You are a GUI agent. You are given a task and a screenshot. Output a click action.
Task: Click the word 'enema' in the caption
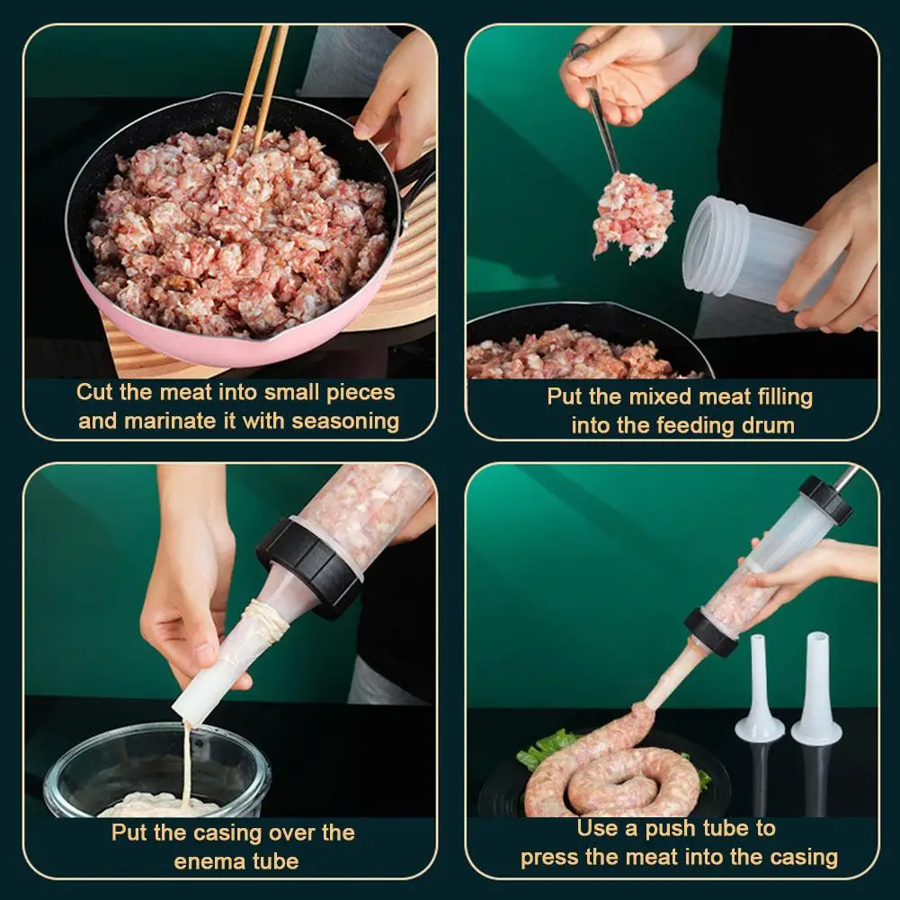tap(206, 861)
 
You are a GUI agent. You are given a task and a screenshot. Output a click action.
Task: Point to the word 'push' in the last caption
tap(650, 828)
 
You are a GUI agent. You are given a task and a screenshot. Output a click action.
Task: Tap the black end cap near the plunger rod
tap(825, 499)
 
